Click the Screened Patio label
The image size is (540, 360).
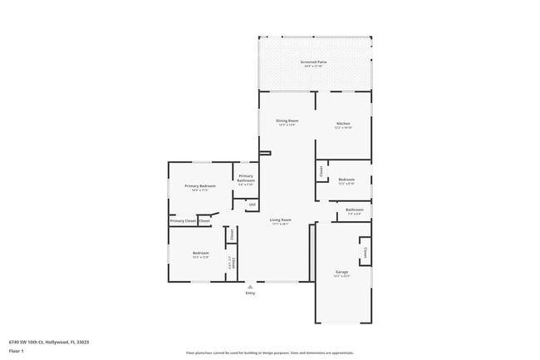pyautogui.click(x=314, y=62)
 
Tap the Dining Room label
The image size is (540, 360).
pyautogui.click(x=287, y=121)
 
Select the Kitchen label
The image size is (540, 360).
pyautogui.click(x=343, y=123)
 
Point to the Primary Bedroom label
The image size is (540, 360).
pyautogui.click(x=200, y=185)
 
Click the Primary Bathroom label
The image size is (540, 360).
pyautogui.click(x=246, y=178)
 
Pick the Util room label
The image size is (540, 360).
pyautogui.click(x=252, y=204)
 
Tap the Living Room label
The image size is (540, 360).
pyautogui.click(x=280, y=219)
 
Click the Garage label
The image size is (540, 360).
pyautogui.click(x=341, y=272)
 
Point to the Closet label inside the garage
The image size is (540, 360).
pyautogui.click(x=364, y=249)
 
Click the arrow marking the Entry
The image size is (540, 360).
pyautogui.click(x=250, y=286)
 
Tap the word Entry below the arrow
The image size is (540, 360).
pyautogui.click(x=250, y=293)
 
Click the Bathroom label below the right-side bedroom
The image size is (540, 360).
pyautogui.click(x=355, y=210)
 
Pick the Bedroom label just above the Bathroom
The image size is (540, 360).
pyautogui.click(x=346, y=180)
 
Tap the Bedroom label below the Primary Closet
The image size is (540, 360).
pyautogui.click(x=201, y=253)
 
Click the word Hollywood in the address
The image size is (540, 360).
pyautogui.click(x=56, y=341)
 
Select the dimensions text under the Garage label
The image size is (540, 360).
pyautogui.click(x=341, y=276)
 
